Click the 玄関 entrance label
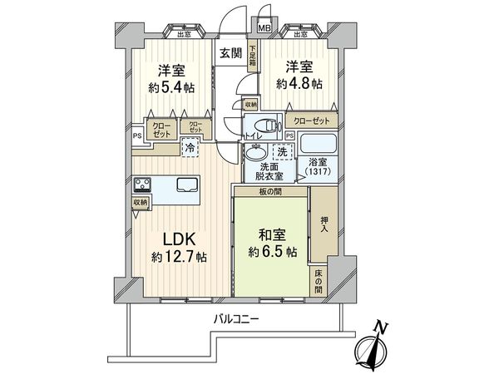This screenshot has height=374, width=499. (230, 52)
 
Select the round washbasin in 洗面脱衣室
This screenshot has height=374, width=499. (256, 154)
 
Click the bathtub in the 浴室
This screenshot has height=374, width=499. (315, 141)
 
